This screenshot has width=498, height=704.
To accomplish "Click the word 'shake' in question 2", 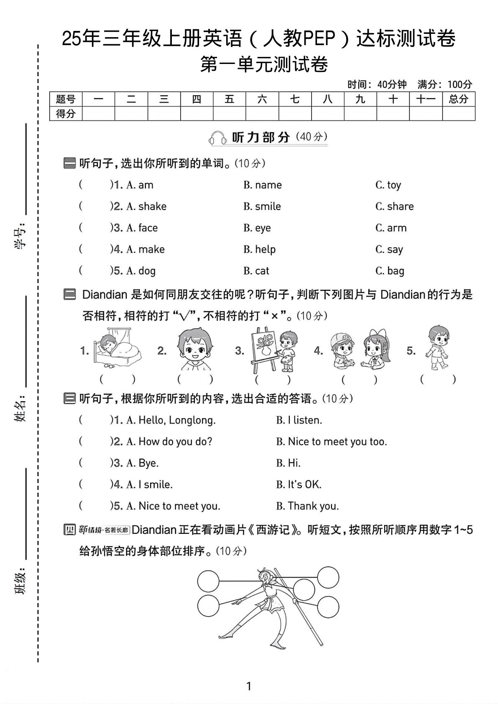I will coord(152,207).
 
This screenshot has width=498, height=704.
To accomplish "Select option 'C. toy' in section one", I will coord(388,185).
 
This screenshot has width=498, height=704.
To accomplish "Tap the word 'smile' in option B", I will coord(268,207).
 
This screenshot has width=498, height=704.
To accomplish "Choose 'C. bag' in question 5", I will coord(390,271).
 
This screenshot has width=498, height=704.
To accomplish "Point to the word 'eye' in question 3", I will coord(263,228).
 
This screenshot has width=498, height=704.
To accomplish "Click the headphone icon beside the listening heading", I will coord(218,138).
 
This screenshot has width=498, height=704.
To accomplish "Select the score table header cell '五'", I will coord(229,99).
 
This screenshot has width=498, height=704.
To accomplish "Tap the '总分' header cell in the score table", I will coord(458,99).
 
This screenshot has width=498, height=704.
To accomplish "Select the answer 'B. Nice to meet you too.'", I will coord(332,442).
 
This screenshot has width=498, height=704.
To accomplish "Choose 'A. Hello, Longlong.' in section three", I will coord(171,421).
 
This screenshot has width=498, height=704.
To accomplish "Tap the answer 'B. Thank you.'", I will coord(307,506).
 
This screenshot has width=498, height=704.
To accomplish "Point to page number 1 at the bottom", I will coord(249,686).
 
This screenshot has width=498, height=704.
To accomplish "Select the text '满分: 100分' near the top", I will coord(444,85).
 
